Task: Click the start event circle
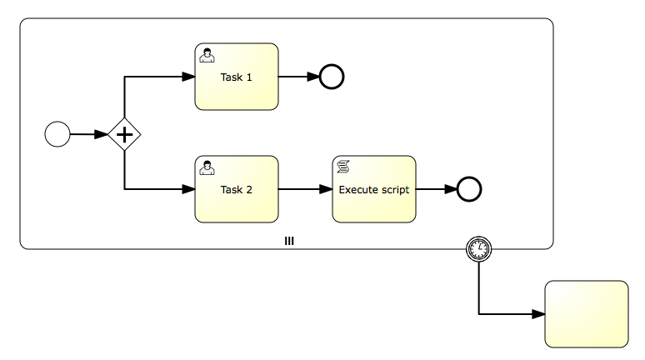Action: (57, 133)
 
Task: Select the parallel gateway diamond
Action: (124, 134)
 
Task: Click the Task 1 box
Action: (236, 77)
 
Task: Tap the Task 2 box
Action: (236, 189)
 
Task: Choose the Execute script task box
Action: (373, 189)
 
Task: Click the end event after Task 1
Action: (332, 77)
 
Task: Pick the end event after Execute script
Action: (470, 189)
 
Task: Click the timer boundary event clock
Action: (479, 248)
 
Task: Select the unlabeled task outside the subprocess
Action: (586, 314)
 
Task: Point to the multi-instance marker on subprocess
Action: (289, 241)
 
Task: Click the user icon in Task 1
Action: (207, 55)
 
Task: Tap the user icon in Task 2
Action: (207, 167)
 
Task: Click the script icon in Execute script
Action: (343, 167)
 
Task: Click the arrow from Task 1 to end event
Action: (298, 77)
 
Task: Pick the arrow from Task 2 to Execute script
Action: (305, 189)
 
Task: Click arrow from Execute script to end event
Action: (436, 189)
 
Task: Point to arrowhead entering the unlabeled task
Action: (538, 314)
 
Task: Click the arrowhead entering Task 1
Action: (188, 77)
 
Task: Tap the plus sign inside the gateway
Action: (124, 134)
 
